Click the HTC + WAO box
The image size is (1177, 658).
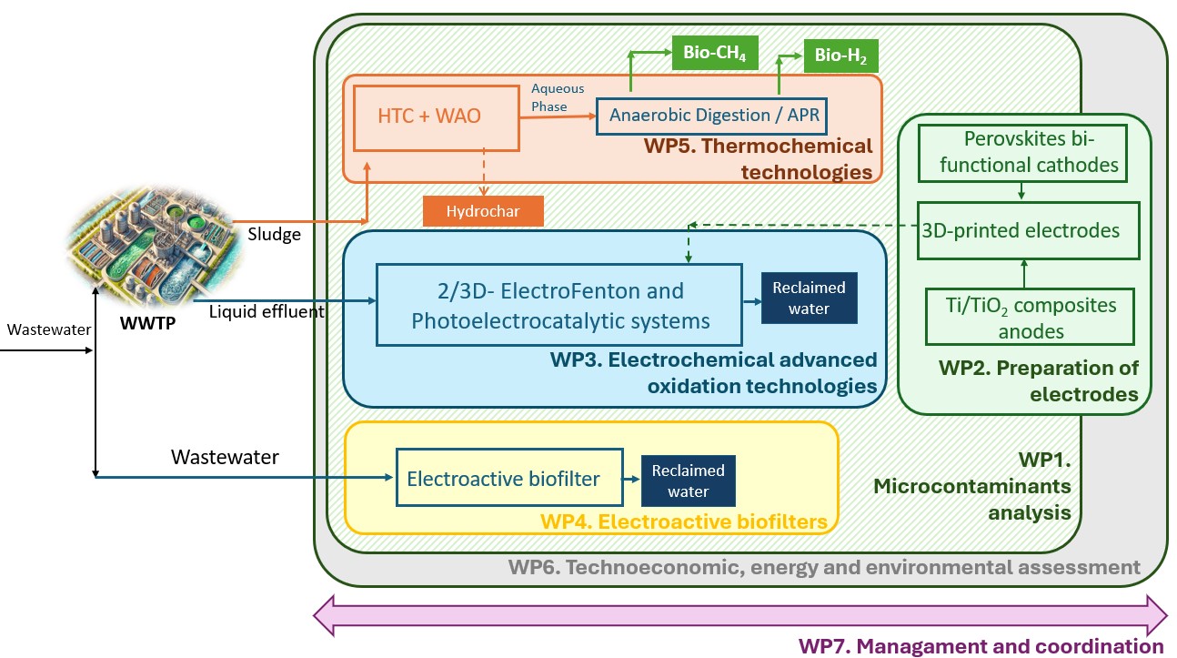coord(428,117)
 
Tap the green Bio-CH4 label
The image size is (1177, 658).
coord(714,54)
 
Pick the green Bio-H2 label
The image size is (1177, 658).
coord(840,59)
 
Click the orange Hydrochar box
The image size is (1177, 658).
coord(482,211)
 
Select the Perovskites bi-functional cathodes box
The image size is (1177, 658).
coord(1022,152)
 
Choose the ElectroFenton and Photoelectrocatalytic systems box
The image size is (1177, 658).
coord(558,305)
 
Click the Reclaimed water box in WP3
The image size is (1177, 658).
coord(809,298)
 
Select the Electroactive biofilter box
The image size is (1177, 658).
coord(509,477)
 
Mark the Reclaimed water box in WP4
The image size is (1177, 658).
coord(689,481)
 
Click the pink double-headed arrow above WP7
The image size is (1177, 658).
coord(739,615)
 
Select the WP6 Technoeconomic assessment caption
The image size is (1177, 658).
coord(823,568)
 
